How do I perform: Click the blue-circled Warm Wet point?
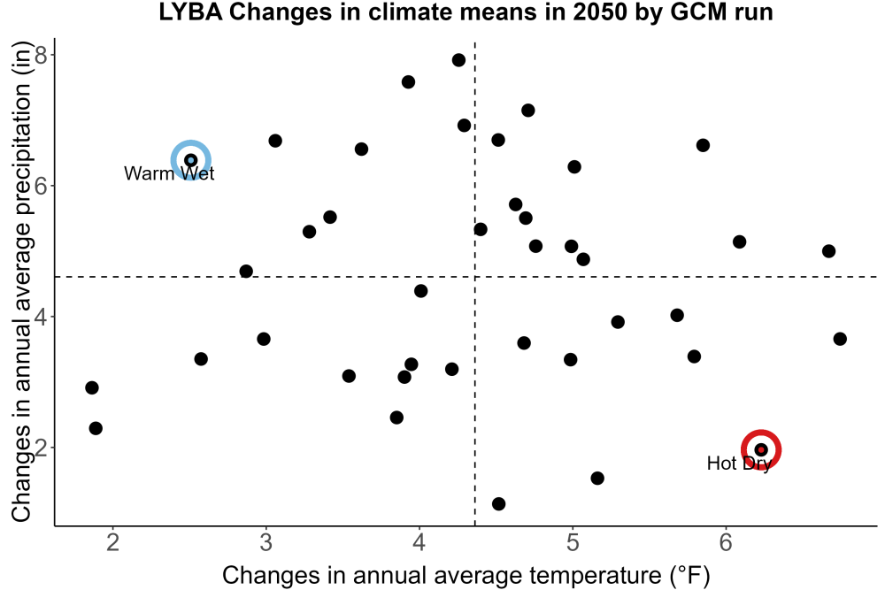pos(191,160)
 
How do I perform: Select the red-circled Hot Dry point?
pos(761,449)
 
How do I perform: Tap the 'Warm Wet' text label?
pos(169,173)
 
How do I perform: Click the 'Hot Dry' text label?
pos(739,464)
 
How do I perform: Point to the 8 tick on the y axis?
pos(42,55)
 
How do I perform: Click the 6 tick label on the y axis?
pos(42,186)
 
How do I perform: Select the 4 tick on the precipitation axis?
pos(42,317)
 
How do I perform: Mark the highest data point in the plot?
pos(458,60)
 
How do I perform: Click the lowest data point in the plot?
pos(498,503)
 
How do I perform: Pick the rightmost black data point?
pos(840,339)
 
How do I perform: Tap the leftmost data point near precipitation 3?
pos(92,387)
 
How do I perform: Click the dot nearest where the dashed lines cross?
pos(481,229)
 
